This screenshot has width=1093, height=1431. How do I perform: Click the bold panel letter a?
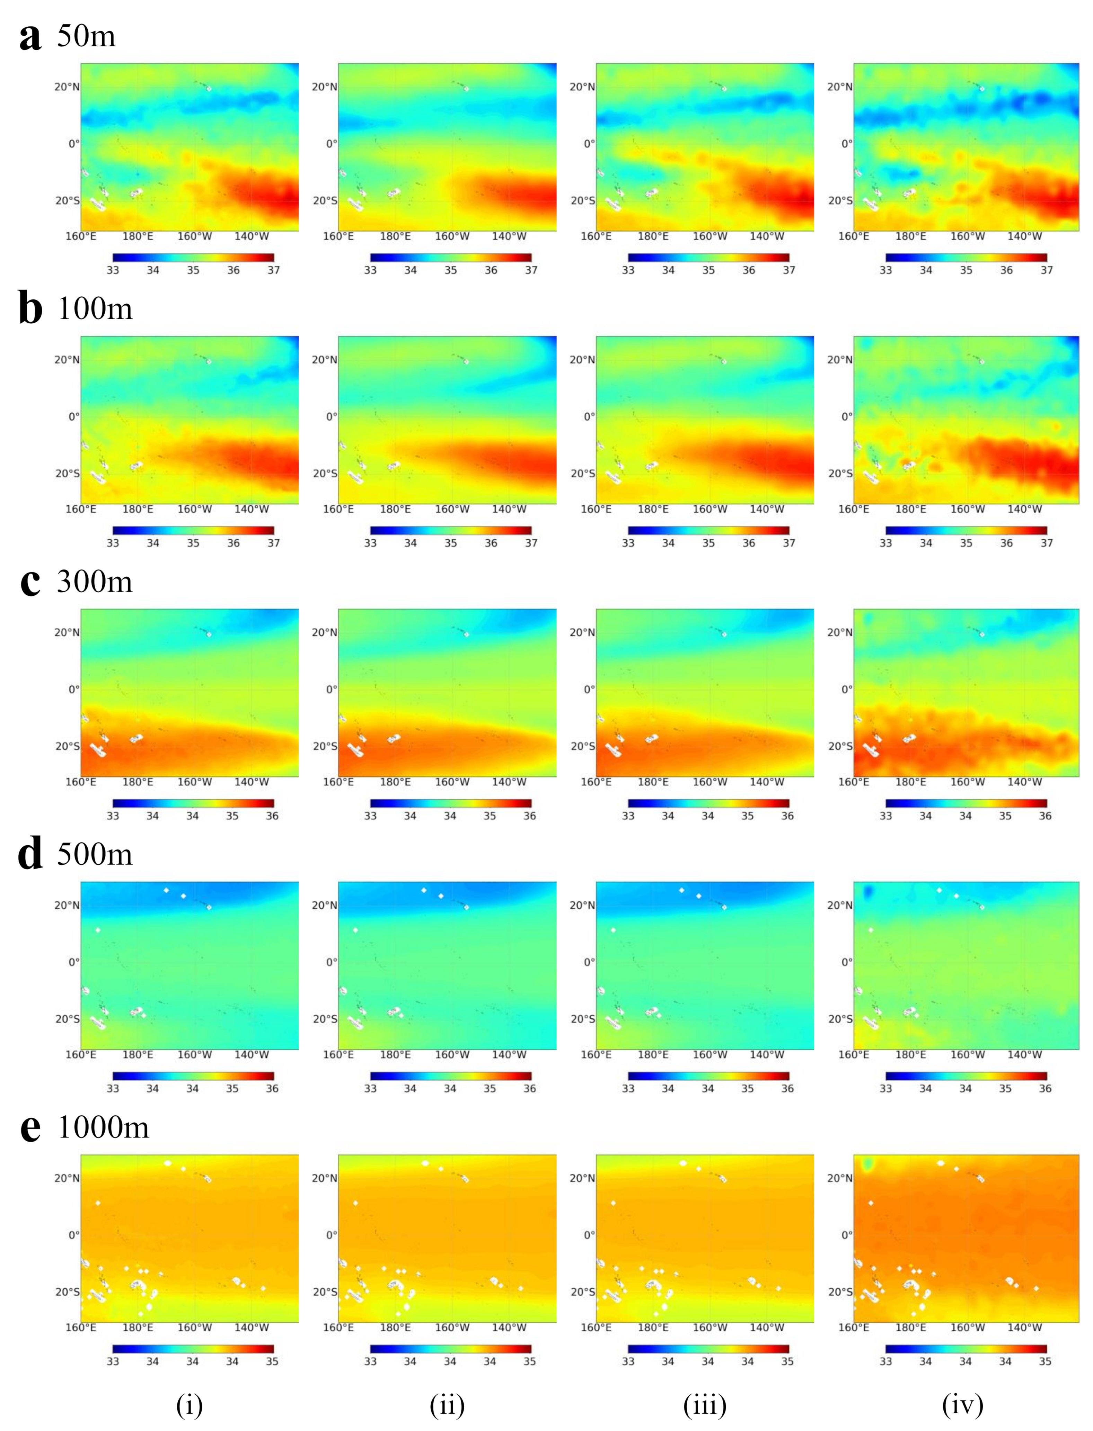[x=30, y=37]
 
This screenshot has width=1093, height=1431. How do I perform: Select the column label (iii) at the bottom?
[x=705, y=1406]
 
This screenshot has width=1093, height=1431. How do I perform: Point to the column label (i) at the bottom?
[x=189, y=1406]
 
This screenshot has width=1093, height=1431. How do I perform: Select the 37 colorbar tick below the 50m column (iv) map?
[x=1046, y=270]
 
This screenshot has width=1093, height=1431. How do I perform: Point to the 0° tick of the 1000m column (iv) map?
[x=846, y=1235]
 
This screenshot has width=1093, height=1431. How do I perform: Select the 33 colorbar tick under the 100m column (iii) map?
[x=628, y=543]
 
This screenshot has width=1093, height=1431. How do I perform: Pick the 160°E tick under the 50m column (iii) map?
[x=596, y=236]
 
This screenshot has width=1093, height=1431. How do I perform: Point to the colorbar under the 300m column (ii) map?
[x=450, y=804]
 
